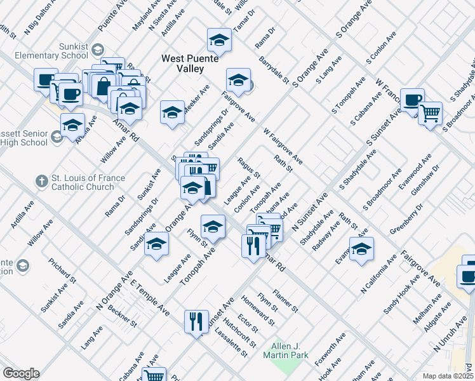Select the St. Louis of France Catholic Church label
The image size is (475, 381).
83,182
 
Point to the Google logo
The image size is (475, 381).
21,373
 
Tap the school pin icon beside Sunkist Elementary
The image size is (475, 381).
98,49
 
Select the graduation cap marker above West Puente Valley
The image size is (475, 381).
219,41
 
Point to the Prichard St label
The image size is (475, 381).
63,270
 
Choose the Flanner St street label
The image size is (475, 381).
285,300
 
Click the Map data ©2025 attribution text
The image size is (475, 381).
448,376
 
